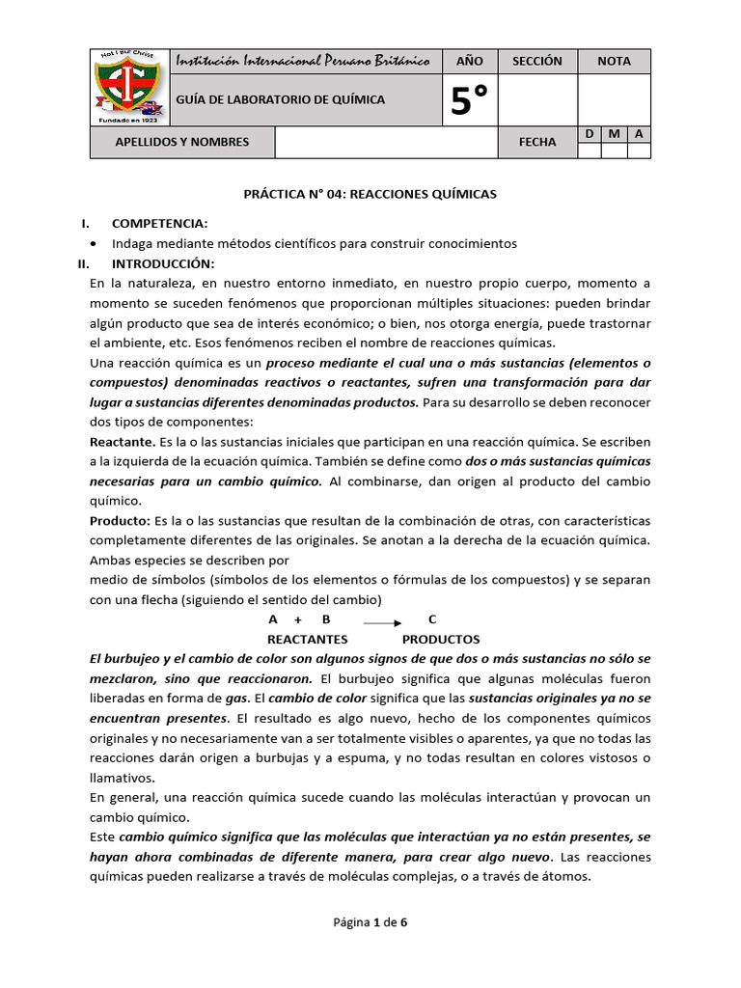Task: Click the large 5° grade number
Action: (469, 100)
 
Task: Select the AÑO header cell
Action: (469, 61)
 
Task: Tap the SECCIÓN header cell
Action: (536, 61)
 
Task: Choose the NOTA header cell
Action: (614, 61)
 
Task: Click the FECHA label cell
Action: (536, 142)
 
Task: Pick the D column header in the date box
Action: (589, 134)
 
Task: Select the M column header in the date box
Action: (614, 134)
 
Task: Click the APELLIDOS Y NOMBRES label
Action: (181, 142)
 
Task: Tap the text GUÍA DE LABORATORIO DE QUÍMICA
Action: (280, 99)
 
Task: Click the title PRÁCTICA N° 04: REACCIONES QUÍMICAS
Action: (370, 194)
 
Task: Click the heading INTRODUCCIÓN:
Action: (163, 263)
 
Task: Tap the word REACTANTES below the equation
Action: (307, 640)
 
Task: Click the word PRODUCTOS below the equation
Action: (440, 640)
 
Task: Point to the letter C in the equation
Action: (431, 619)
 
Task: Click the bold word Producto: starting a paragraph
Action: (120, 520)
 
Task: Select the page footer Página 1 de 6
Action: (370, 922)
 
